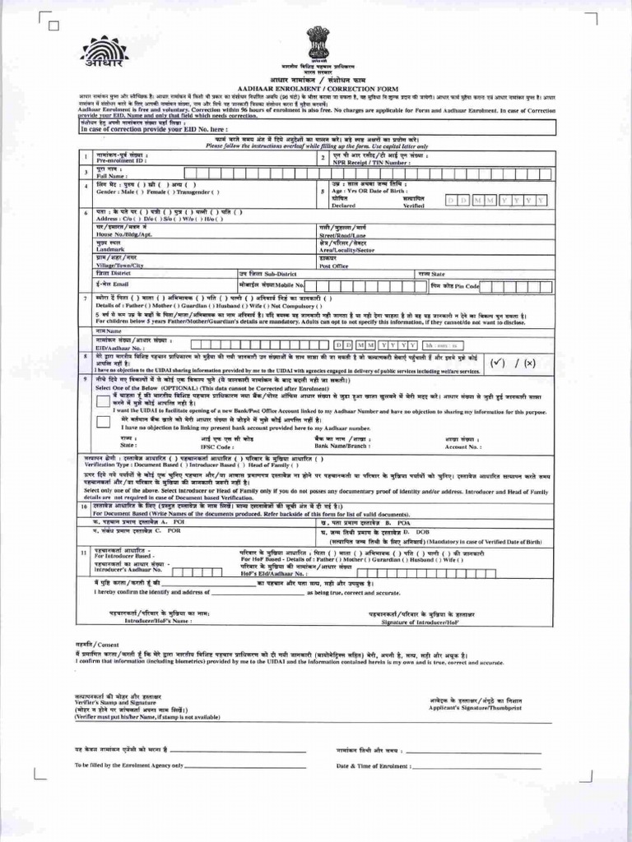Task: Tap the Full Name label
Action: [x=112, y=175]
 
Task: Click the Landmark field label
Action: [x=110, y=249]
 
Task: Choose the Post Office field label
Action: [x=335, y=266]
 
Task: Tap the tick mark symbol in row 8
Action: [x=498, y=362]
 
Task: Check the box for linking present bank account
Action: [x=102, y=422]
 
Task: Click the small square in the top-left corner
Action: [x=54, y=25]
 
